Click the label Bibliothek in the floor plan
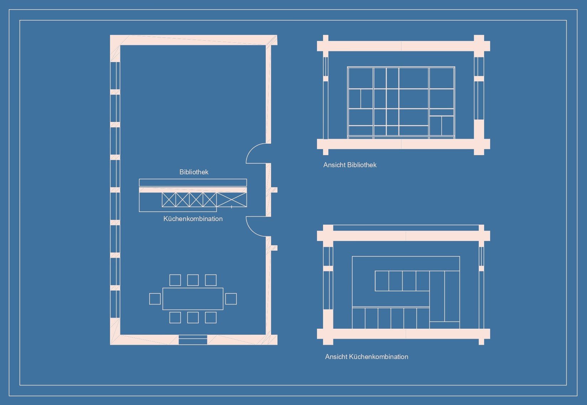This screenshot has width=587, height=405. [x=194, y=172]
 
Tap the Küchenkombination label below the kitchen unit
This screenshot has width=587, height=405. [x=193, y=219]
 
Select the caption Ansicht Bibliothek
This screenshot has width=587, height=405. [x=350, y=165]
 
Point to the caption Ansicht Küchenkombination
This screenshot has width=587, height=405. [x=367, y=357]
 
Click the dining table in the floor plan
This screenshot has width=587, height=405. [x=193, y=299]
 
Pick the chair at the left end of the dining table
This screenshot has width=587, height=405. [x=155, y=299]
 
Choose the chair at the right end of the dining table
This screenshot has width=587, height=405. [x=231, y=299]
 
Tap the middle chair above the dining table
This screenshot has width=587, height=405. [x=193, y=280]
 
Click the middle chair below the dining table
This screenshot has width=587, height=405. [x=193, y=318]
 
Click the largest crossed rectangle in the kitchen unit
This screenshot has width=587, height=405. [x=232, y=200]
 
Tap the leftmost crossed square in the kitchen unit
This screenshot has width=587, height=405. [x=169, y=200]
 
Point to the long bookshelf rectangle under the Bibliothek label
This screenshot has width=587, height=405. [x=193, y=183]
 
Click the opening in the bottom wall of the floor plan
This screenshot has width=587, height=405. [x=193, y=340]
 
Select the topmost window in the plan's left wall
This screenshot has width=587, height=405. [x=115, y=76]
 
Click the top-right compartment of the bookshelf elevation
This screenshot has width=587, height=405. [x=442, y=78]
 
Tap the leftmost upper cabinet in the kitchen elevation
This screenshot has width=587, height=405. [x=382, y=281]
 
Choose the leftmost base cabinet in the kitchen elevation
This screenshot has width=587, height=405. [x=358, y=318]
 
